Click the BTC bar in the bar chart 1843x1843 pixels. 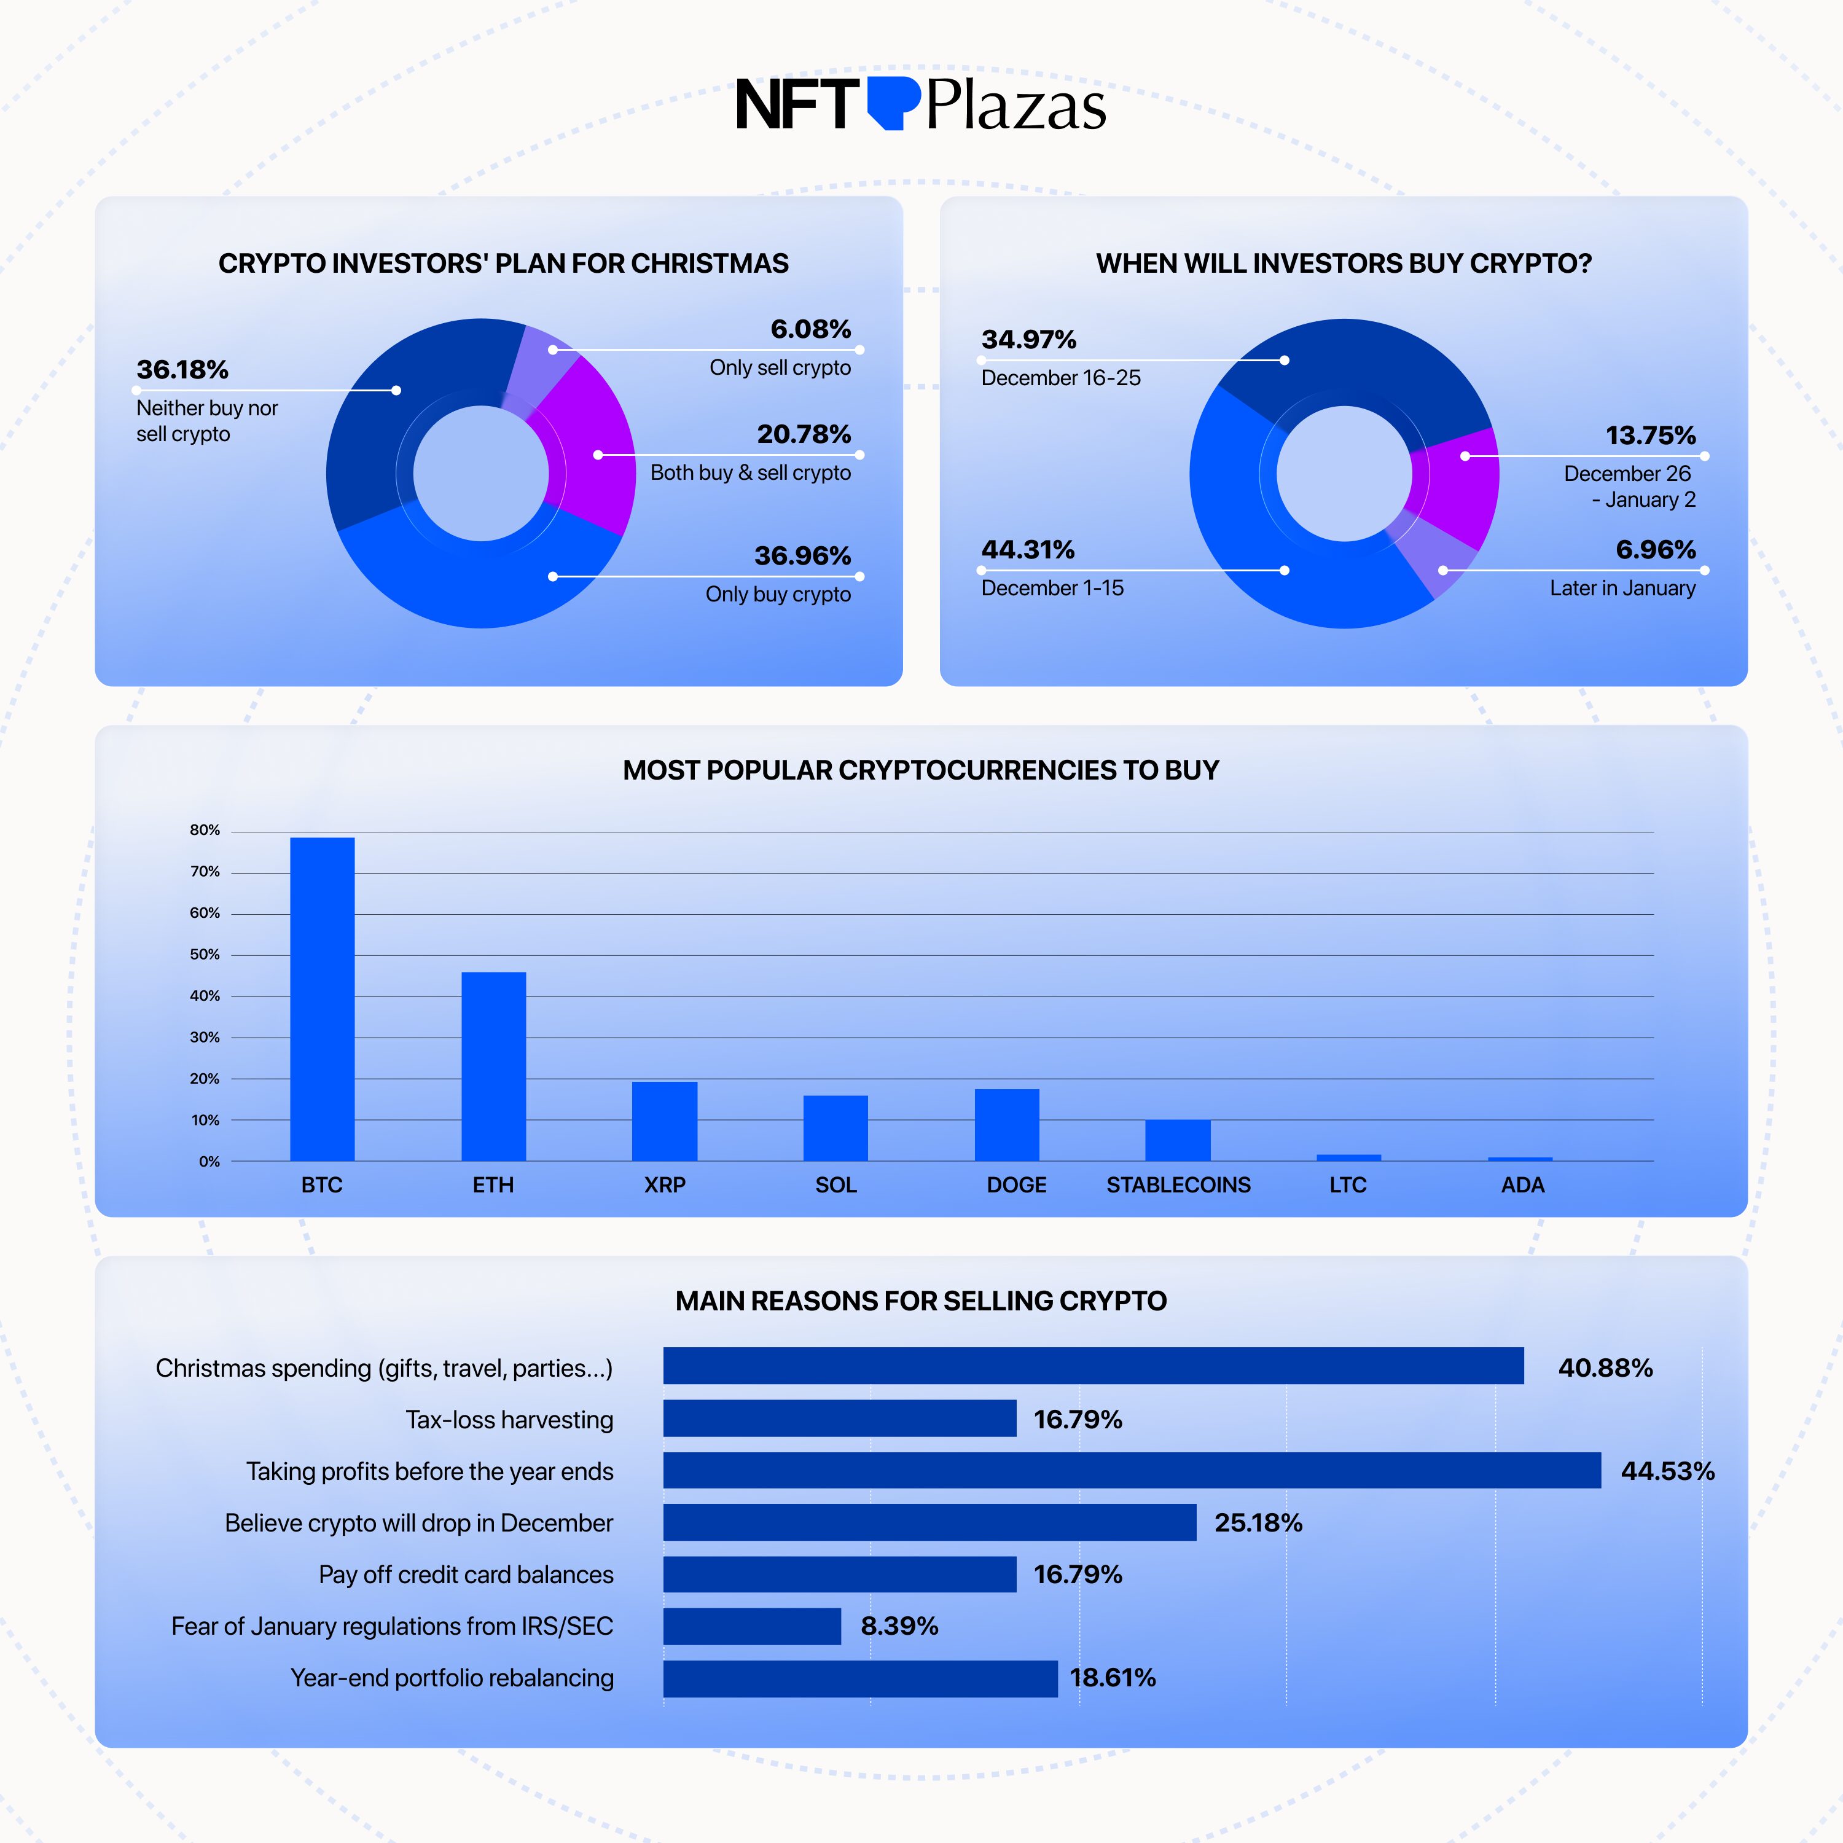point(323,999)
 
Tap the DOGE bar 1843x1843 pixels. point(1006,1125)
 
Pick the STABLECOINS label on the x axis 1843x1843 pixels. point(1178,1185)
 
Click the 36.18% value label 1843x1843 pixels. point(182,369)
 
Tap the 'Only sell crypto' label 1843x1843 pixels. point(780,367)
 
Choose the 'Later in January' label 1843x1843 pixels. point(1622,588)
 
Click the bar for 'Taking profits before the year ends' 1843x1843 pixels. point(1132,1470)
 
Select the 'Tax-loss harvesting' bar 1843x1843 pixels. point(839,1418)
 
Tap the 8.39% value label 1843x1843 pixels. point(899,1626)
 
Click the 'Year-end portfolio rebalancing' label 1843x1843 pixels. point(452,1677)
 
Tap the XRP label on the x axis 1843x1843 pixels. point(664,1185)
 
